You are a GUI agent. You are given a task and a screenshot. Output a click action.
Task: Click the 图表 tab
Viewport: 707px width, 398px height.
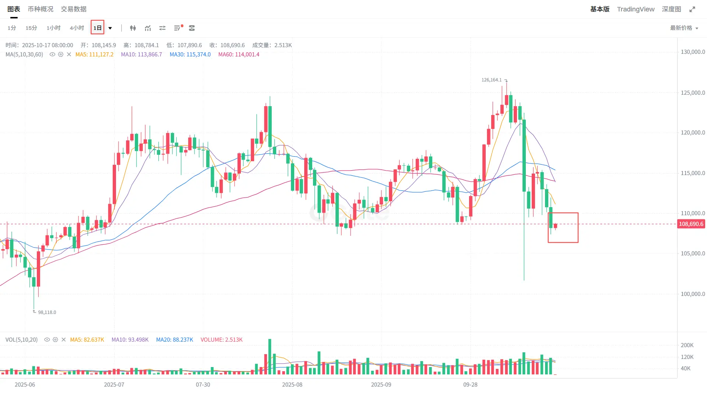(x=14, y=9)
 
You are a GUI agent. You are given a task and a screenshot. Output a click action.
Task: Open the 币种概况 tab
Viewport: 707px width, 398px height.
(x=41, y=9)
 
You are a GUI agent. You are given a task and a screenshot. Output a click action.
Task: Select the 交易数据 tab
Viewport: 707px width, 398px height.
(x=74, y=9)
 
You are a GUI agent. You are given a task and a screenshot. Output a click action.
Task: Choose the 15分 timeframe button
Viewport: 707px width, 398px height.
(x=31, y=28)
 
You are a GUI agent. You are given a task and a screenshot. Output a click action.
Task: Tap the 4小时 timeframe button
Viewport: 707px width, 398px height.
(x=77, y=28)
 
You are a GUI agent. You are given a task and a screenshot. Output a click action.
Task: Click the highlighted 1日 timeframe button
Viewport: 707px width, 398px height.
(x=98, y=28)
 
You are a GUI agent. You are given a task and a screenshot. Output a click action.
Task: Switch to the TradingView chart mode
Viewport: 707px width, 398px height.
(x=636, y=9)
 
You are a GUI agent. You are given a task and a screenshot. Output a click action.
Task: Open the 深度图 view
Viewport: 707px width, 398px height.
(x=671, y=9)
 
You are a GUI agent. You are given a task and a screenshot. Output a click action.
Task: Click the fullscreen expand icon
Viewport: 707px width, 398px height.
(x=692, y=9)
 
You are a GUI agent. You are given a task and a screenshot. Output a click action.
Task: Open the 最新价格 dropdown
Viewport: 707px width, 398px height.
(x=684, y=28)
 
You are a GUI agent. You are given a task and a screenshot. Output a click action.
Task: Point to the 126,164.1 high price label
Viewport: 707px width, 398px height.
(x=491, y=80)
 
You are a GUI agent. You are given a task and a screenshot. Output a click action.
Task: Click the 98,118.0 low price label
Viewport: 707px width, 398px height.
(x=47, y=313)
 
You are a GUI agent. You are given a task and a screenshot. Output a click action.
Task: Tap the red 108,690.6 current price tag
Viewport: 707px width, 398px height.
(x=691, y=224)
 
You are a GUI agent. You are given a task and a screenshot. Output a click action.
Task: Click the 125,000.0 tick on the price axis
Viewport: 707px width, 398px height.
(x=693, y=93)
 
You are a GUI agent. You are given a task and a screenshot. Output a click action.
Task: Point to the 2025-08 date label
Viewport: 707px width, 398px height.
(x=292, y=385)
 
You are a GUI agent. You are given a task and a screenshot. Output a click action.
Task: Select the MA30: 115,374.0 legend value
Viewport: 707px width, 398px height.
(x=190, y=55)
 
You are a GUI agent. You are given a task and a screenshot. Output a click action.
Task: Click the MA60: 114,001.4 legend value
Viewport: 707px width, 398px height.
(x=239, y=55)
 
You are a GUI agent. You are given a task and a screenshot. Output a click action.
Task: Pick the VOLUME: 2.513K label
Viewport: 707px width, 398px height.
(x=221, y=340)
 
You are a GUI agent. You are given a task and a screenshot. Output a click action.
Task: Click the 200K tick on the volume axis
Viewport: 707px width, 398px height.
(x=687, y=345)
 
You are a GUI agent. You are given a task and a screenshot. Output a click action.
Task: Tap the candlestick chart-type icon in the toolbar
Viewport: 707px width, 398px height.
(x=133, y=28)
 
